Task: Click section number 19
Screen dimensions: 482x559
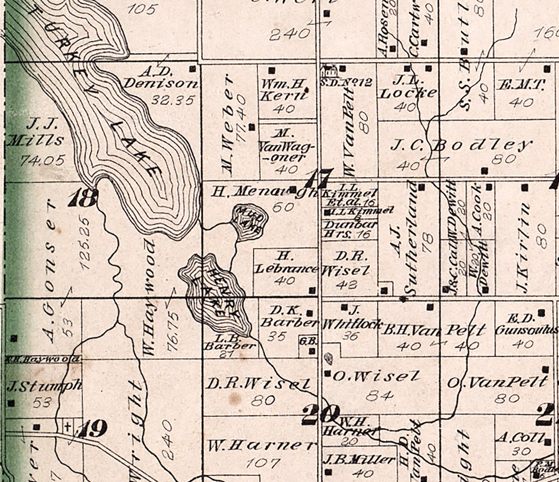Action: point(93,429)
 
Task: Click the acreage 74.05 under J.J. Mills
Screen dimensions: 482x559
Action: point(42,160)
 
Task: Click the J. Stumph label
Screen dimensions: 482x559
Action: point(44,385)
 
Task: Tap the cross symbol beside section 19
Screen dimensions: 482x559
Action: point(68,427)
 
